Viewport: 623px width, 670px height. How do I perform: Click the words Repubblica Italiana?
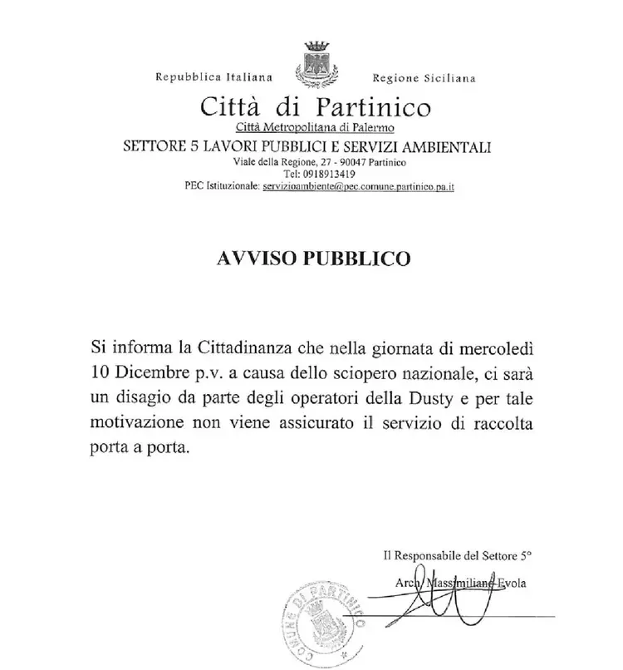point(214,79)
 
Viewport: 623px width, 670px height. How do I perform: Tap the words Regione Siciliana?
point(424,79)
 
